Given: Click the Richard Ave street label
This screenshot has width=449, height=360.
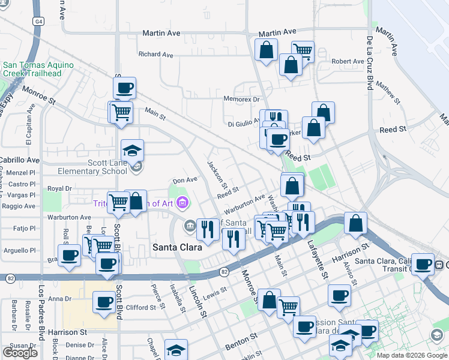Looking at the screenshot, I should point(155,55).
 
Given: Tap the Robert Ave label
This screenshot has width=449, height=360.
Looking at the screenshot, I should point(348,61).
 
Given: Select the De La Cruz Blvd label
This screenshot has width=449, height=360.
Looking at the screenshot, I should point(370,62).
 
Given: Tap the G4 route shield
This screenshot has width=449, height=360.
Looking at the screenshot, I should point(39,21).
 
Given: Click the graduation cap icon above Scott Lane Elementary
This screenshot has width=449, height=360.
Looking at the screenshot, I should point(133,150).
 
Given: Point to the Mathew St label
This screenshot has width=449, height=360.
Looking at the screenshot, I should point(389,92).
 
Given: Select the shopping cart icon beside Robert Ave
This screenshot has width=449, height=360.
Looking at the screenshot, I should point(303,52).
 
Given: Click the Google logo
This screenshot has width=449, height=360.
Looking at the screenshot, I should point(20,353).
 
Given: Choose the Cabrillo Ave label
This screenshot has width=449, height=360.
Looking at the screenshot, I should point(19,160).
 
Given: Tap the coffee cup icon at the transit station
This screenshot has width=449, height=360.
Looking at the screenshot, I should point(423,263).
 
